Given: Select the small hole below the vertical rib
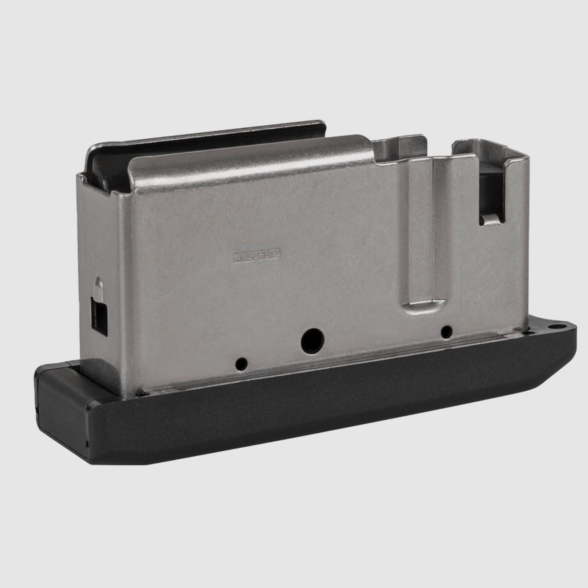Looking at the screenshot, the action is coord(446,332).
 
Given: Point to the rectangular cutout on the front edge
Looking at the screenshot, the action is coord(99,316).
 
